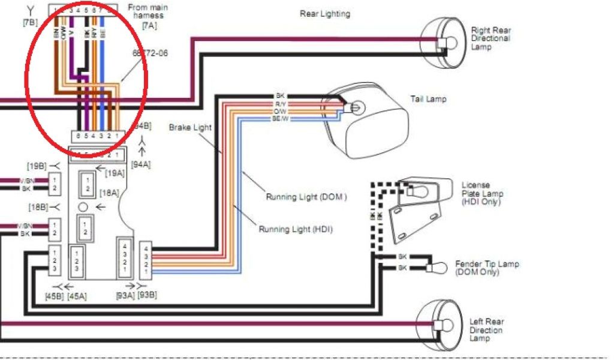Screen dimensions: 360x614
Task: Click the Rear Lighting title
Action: (x=325, y=14)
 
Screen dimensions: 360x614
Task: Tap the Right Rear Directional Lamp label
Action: (x=490, y=38)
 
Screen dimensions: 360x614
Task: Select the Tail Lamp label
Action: (x=428, y=99)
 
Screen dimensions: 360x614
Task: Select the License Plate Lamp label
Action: (x=482, y=193)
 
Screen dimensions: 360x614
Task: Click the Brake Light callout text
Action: (x=188, y=128)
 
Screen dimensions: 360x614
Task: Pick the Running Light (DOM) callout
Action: (x=306, y=197)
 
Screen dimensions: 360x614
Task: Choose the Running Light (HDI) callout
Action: (x=296, y=229)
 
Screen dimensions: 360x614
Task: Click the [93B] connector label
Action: (x=147, y=295)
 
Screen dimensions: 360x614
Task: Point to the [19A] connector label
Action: (x=115, y=173)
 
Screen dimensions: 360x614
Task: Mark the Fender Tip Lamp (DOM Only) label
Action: (x=487, y=268)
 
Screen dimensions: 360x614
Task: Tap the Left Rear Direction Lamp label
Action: (x=486, y=330)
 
